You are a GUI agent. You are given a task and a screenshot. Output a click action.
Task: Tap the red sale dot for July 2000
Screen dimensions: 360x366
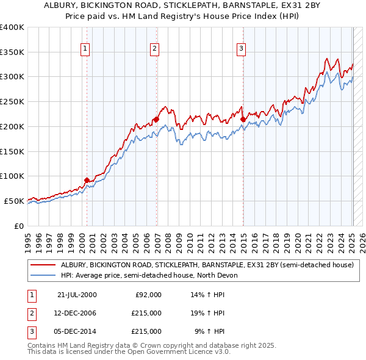87,179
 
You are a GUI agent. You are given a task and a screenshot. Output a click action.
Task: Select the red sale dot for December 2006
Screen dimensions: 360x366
156,119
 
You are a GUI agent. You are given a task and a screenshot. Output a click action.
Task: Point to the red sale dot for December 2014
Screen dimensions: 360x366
243,119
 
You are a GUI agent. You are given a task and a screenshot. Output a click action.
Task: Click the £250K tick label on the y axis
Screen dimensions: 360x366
12,101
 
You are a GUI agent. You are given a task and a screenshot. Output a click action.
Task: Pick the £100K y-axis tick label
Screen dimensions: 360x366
12,176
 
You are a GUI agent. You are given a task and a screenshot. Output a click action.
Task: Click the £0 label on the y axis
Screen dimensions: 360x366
18,226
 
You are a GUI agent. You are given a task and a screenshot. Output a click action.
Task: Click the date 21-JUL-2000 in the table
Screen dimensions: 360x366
77,295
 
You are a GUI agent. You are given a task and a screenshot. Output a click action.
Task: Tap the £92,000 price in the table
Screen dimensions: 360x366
148,295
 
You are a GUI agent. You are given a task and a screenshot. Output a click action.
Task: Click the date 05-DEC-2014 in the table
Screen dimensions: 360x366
77,331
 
